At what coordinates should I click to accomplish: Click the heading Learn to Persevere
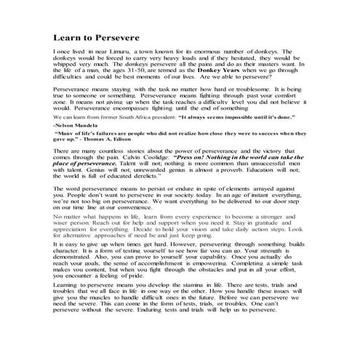click(97, 38)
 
